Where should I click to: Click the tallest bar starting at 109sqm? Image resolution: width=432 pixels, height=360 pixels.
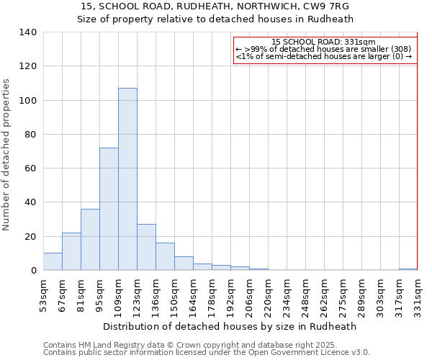pyautogui.click(x=127, y=179)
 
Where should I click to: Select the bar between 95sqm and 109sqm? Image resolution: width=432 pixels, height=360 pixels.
pyautogui.click(x=109, y=209)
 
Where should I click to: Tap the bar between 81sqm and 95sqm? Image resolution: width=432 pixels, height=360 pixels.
pyautogui.click(x=90, y=240)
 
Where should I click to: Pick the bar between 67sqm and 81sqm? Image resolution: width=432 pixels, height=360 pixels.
pyautogui.click(x=71, y=251)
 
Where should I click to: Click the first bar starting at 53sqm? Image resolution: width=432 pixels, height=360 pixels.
pyautogui.click(x=53, y=261)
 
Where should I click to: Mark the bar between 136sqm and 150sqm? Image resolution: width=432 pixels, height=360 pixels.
pyautogui.click(x=165, y=256)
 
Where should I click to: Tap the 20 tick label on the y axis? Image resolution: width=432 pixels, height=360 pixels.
pyautogui.click(x=31, y=237)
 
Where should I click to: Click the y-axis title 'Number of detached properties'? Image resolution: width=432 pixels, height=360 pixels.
pyautogui.click(x=7, y=156)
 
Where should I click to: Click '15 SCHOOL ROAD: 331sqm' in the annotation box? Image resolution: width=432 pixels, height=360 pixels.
pyautogui.click(x=325, y=42)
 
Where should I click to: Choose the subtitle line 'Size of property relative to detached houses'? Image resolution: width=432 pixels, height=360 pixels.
pyautogui.click(x=215, y=19)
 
